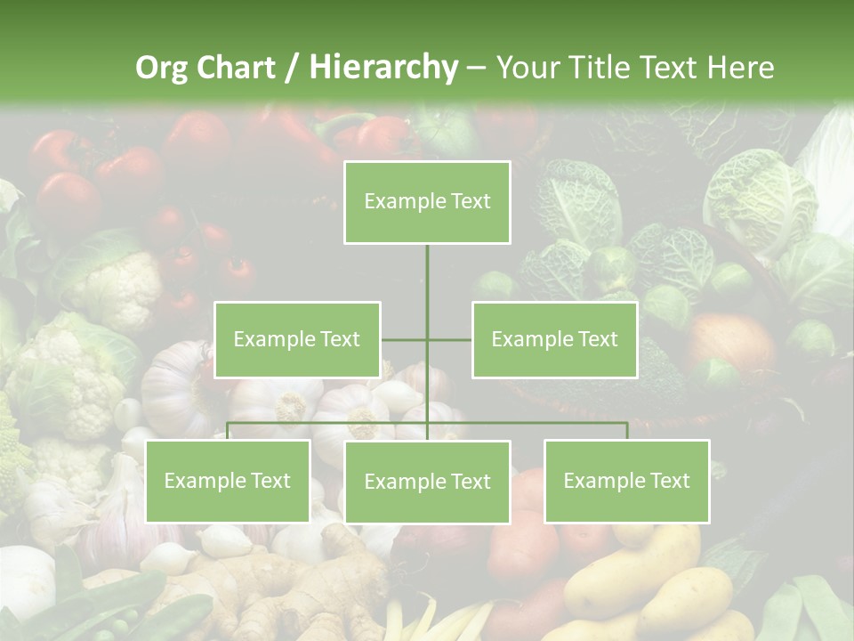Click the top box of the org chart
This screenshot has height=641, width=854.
427,202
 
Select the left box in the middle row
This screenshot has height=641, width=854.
297,339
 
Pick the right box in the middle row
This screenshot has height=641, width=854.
554,339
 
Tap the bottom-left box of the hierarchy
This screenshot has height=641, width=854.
228,481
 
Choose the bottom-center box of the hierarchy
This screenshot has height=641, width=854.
427,482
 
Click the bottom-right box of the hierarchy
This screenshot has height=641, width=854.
626,481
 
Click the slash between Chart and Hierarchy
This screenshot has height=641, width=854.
292,68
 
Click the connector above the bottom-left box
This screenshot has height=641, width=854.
228,430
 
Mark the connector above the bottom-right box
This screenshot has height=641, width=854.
626,430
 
